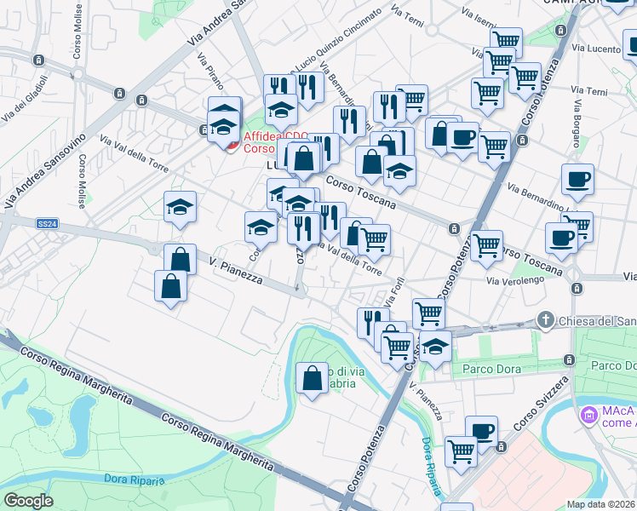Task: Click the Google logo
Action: point(28,501)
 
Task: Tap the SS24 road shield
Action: point(48,223)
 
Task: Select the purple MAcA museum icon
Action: point(588,415)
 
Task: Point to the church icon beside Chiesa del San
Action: point(546,321)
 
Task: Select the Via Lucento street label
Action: point(597,49)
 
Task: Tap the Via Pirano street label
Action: point(209,72)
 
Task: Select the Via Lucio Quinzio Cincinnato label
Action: point(336,43)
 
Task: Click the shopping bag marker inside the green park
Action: point(313,376)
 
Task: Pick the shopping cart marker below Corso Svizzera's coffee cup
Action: point(462,451)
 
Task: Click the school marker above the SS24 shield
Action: point(180,207)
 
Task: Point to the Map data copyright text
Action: point(601,504)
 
